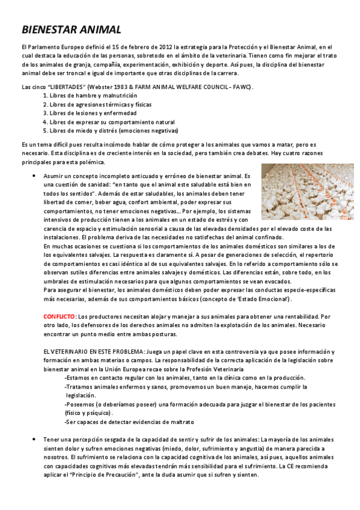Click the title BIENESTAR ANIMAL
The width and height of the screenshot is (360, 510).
pyautogui.click(x=72, y=29)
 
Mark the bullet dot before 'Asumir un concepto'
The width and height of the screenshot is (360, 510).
pyautogui.click(x=33, y=175)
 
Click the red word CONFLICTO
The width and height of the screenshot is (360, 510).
pyautogui.click(x=59, y=316)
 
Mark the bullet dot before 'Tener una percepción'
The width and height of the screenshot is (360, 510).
pyautogui.click(x=33, y=440)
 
